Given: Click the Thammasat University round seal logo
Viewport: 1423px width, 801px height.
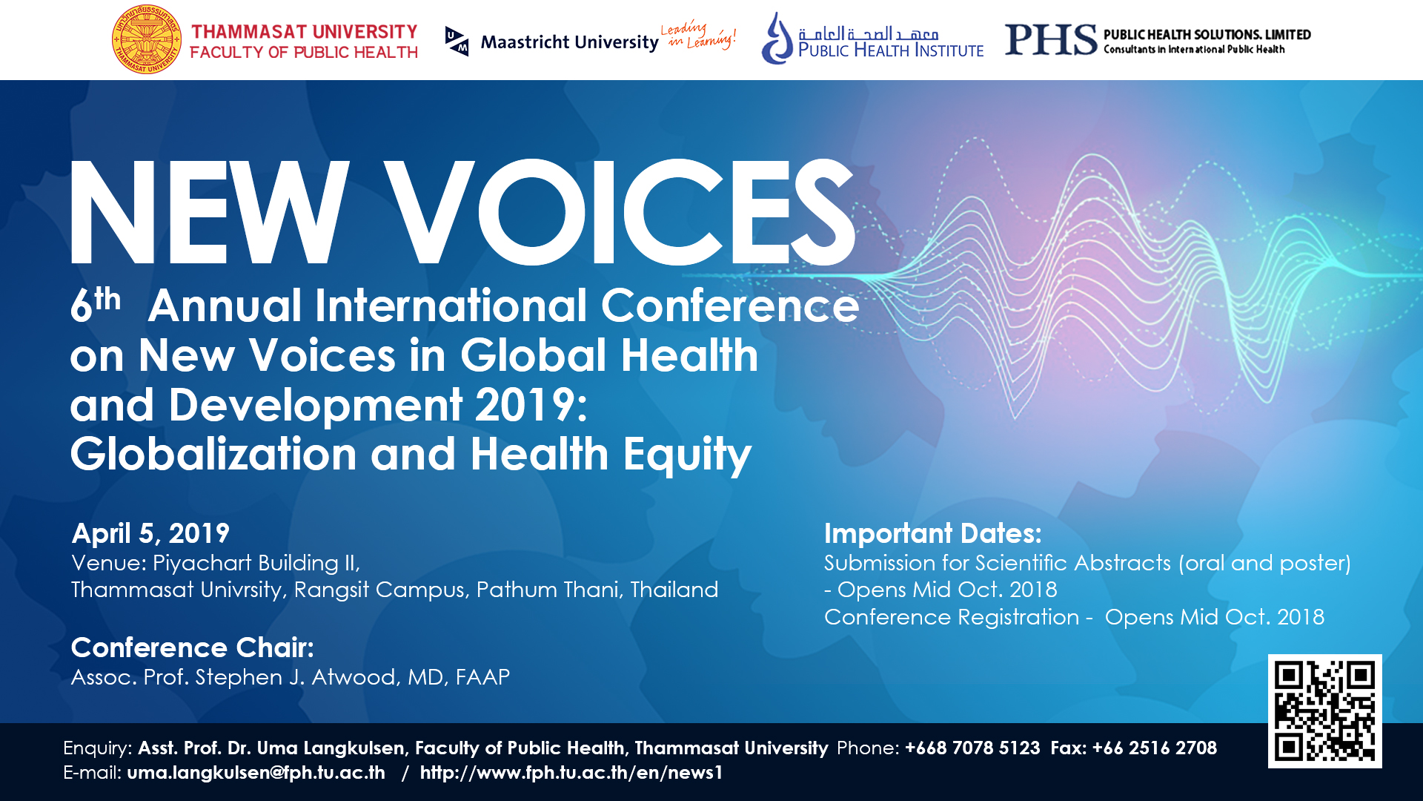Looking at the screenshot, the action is click(x=147, y=39).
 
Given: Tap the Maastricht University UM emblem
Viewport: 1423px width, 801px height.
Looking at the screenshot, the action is click(x=457, y=41).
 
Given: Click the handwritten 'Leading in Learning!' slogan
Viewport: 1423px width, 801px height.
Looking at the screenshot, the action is click(x=698, y=35).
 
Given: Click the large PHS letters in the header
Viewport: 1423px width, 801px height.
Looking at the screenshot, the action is click(x=1051, y=39).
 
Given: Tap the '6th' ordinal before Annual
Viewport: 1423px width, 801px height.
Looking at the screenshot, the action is click(x=96, y=304).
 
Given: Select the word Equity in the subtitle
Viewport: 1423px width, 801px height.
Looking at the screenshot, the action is click(x=687, y=455).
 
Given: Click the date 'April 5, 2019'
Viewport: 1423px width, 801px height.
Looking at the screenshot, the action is click(x=150, y=533).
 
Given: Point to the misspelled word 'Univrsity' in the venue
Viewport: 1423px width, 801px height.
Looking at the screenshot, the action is click(x=232, y=590).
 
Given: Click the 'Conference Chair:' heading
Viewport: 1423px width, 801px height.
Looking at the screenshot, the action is click(x=193, y=647).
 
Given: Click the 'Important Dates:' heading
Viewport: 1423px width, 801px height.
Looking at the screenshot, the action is click(x=933, y=533).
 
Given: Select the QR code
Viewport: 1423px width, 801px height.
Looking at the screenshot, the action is click(x=1324, y=711).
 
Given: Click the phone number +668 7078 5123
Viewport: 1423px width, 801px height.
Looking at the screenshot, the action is click(x=972, y=748).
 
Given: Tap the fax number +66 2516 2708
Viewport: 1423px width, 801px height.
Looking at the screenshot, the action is click(x=1155, y=748).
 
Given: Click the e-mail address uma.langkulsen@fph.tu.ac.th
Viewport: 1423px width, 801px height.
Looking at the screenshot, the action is click(x=256, y=773).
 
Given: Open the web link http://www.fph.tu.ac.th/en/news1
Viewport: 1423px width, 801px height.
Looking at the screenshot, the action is click(x=571, y=773).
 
